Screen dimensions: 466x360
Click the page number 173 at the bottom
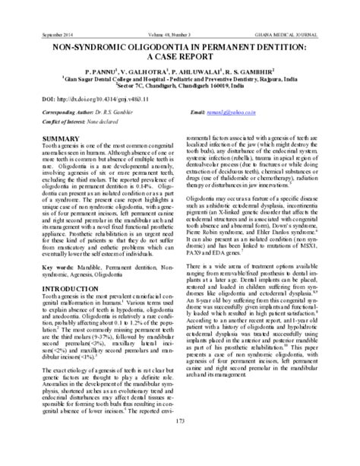point(180,443)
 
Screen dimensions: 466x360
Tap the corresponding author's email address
point(283,112)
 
